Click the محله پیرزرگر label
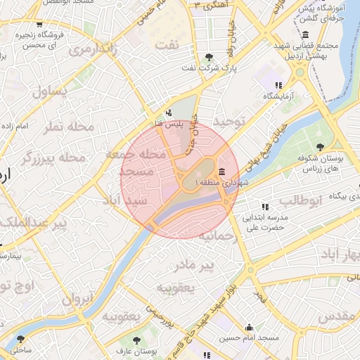53,157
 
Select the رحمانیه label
217,236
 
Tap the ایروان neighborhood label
77,299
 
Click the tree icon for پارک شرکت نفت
208,58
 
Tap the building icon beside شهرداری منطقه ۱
222,172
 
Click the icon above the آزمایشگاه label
278,85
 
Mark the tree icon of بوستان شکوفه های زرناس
321,147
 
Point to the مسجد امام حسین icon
249,327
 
